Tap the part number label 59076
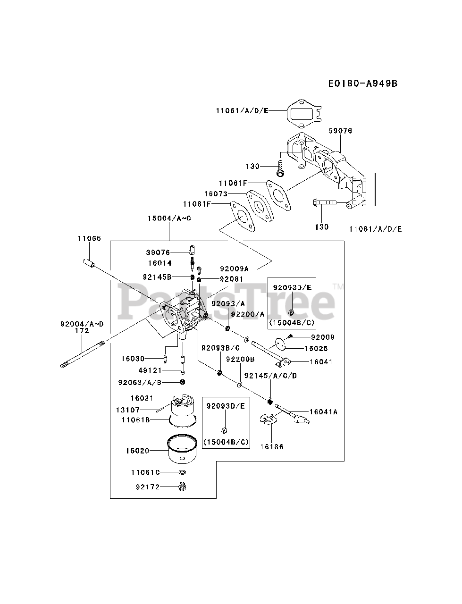(x=340, y=131)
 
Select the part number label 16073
(x=216, y=193)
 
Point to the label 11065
(x=89, y=239)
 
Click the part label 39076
(x=159, y=252)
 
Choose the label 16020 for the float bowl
(x=137, y=451)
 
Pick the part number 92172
(x=146, y=487)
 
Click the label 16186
(x=272, y=446)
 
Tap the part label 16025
(x=316, y=348)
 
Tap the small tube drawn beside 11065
(x=90, y=261)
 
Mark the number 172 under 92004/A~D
(x=82, y=331)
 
